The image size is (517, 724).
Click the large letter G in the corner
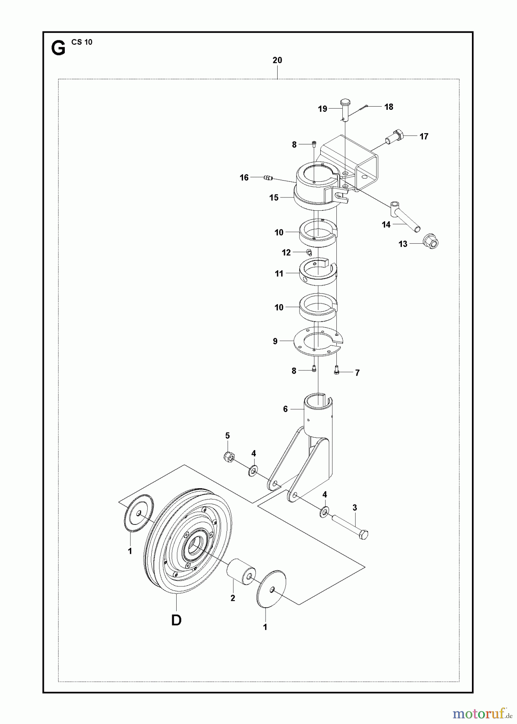click(58, 49)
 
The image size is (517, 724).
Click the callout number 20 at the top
click(277, 60)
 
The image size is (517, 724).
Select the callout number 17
click(424, 137)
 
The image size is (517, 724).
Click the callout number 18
click(389, 107)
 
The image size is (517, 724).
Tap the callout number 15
click(274, 198)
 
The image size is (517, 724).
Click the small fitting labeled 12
click(309, 252)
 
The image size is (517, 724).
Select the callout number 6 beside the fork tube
click(285, 409)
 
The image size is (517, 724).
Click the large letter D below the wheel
click(176, 620)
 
